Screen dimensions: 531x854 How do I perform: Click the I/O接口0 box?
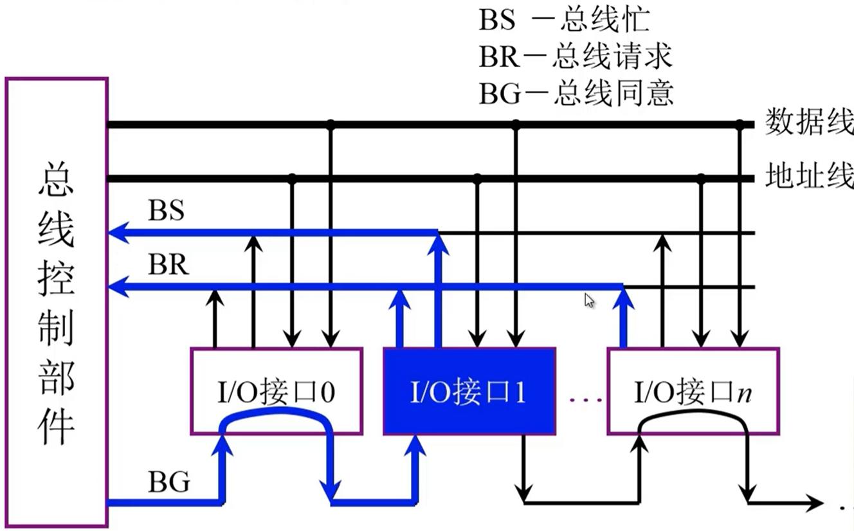277,391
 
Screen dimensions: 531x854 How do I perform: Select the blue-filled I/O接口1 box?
469,391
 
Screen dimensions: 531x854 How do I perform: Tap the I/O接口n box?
693,391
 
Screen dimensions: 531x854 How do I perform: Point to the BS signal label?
166,210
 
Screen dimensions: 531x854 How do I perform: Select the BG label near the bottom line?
168,481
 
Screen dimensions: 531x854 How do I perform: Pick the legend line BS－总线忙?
564,20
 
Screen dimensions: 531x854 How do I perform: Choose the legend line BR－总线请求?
575,57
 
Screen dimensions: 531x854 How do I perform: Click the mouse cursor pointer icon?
589,300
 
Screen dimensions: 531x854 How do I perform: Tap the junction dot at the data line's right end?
740,125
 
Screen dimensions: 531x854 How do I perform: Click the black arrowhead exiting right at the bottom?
815,503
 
